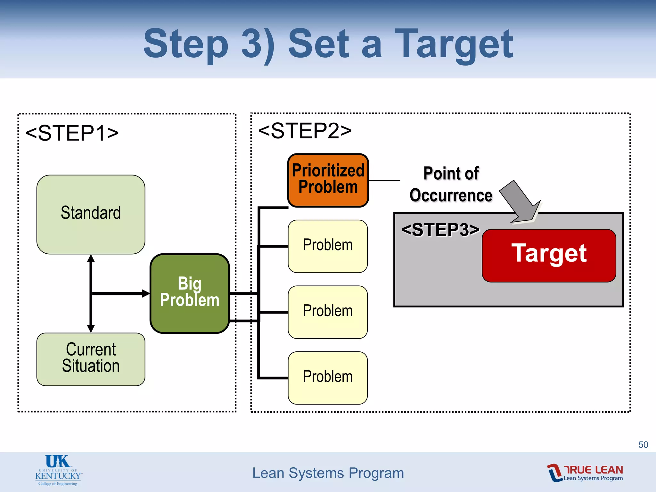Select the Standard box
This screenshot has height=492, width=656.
pos(91,214)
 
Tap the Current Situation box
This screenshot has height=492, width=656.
pos(91,359)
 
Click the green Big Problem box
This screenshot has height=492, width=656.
pos(190,293)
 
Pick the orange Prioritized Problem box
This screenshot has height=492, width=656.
pos(328,180)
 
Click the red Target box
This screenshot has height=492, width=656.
pos(549,255)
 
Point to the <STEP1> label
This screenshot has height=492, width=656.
pos(72,133)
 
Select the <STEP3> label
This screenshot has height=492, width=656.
pos(440,230)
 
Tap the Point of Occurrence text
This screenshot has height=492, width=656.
pos(451,184)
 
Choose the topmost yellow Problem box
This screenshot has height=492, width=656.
pos(328,246)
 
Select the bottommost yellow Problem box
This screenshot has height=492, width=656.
pos(328,378)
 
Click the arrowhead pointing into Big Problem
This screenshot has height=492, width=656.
pos(146,293)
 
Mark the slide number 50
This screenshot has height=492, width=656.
pos(643,445)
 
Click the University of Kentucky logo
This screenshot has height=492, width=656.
pos(58,470)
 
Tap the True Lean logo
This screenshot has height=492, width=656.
pos(585,472)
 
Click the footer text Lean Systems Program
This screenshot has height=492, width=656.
pos(328,473)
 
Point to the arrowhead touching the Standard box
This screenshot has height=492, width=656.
pos(91,259)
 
